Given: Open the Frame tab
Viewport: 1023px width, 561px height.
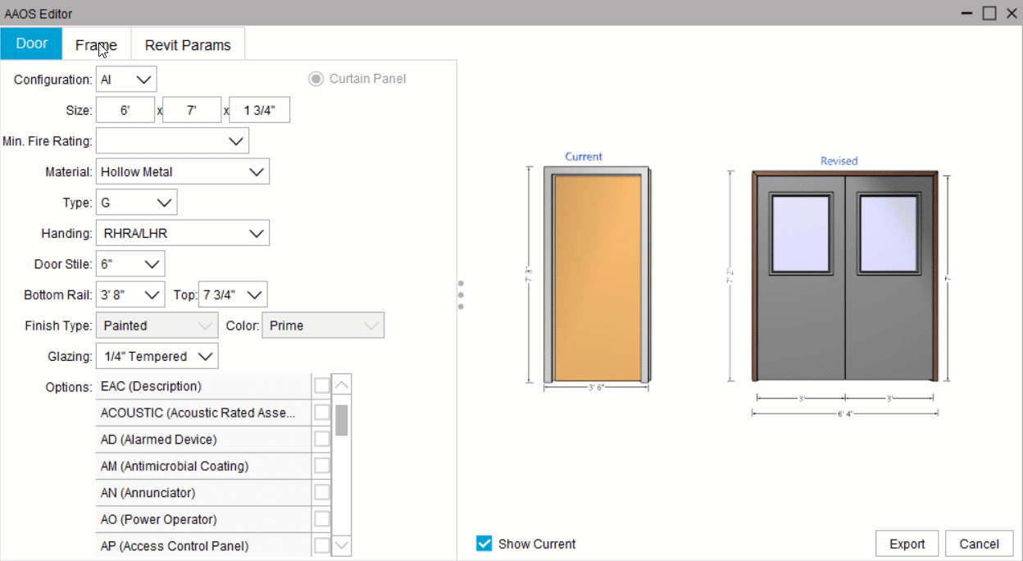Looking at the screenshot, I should [96, 45].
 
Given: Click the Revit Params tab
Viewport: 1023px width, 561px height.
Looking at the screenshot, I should [188, 45].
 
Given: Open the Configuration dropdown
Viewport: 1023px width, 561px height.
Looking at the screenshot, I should [126, 80].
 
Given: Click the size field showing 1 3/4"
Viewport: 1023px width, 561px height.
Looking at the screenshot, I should [259, 111].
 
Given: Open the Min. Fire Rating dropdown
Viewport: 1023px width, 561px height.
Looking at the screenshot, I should [172, 141].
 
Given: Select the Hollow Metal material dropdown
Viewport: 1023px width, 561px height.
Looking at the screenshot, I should [182, 172].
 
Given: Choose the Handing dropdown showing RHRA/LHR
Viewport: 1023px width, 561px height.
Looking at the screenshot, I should [182, 234].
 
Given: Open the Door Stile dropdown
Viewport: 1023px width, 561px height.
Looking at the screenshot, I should [130, 264].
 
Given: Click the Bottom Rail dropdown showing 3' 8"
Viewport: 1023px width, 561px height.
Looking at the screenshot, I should [130, 294].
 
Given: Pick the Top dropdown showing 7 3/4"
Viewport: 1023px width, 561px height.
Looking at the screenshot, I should [233, 294].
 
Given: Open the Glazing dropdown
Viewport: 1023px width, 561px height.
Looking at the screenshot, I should [157, 357].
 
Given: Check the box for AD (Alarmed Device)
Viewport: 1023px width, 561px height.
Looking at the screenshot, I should [322, 440].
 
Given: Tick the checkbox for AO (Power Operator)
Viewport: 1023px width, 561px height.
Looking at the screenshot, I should [322, 519].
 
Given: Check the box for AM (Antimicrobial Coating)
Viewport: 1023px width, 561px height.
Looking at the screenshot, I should [322, 466].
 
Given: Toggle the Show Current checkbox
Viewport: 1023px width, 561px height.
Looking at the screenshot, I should [484, 544].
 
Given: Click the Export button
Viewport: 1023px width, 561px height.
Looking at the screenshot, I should [907, 544].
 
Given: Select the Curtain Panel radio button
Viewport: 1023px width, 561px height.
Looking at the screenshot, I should [316, 80].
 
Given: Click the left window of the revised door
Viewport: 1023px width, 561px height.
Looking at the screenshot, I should [799, 234].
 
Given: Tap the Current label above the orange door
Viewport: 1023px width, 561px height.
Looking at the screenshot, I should [584, 157].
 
